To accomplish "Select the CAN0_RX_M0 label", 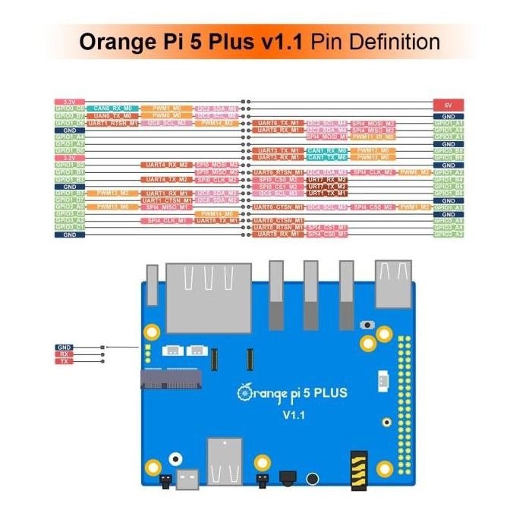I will tap(112, 109).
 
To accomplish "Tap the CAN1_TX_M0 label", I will tap(327, 157).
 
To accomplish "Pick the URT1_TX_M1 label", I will tap(327, 193).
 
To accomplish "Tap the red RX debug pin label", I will tap(65, 354).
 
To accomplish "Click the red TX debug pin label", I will tap(65, 362).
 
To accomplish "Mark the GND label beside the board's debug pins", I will tap(65, 347).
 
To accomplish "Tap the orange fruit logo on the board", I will tap(244, 392).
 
